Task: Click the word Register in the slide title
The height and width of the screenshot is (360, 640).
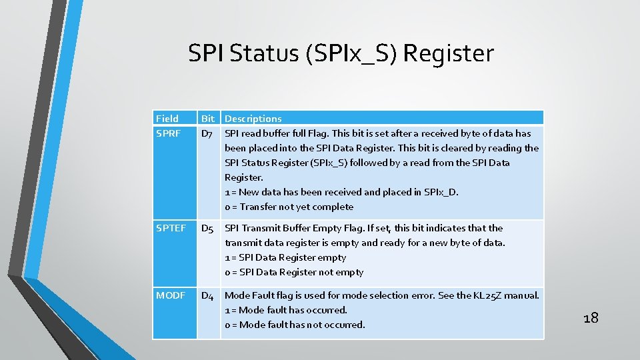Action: pos(448,53)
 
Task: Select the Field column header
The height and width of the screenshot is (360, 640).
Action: pos(167,119)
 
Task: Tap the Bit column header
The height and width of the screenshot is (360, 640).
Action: pos(208,119)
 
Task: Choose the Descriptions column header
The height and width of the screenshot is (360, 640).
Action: pos(253,119)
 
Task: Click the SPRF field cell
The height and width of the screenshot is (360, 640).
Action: pos(169,133)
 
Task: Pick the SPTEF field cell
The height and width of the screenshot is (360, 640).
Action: pos(171,228)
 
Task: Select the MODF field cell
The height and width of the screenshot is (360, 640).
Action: pos(170,295)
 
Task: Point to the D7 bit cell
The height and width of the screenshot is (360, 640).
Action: pos(207,134)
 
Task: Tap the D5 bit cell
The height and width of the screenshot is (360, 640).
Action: pos(207,229)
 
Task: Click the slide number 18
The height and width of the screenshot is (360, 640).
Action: pos(591,317)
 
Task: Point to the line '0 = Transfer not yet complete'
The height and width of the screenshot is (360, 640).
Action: pos(289,207)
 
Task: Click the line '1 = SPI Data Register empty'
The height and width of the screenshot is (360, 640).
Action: pos(285,257)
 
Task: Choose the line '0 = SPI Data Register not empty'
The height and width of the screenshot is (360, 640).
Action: pos(294,272)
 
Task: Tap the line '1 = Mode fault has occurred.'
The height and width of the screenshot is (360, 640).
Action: pos(286,310)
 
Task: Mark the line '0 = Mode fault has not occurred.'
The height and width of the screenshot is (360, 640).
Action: pos(295,325)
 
